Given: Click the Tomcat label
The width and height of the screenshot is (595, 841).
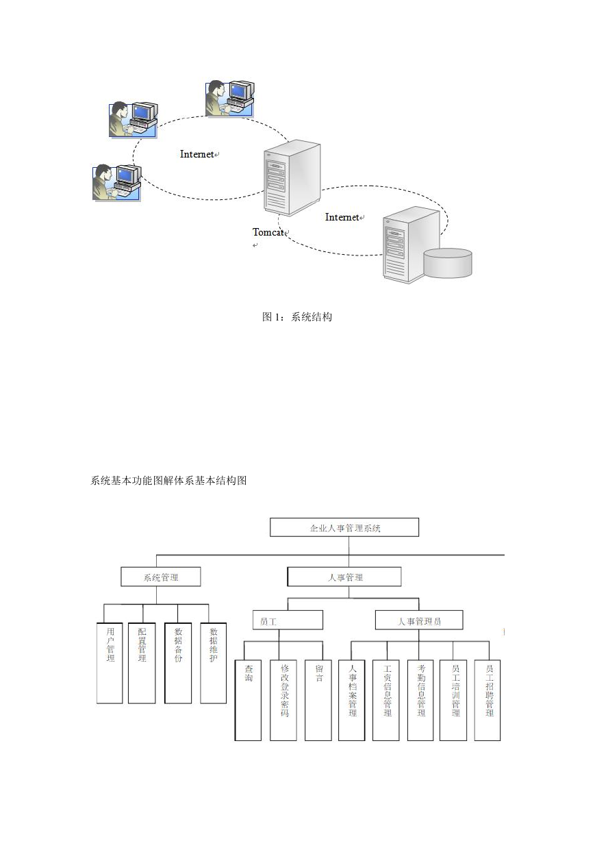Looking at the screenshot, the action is [x=268, y=232].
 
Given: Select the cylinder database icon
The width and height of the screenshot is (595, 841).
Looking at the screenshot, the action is [x=448, y=263].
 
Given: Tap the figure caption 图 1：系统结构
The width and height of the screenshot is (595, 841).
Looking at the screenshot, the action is [x=297, y=317].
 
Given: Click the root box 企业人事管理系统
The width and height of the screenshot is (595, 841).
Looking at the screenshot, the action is [x=344, y=527].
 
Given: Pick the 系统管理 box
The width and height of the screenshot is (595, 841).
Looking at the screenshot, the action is [x=161, y=577].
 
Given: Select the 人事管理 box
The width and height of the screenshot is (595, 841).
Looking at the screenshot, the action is [x=344, y=577].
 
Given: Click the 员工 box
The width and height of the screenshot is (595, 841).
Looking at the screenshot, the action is [x=288, y=620].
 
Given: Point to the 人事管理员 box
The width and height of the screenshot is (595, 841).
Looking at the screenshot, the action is [x=419, y=620].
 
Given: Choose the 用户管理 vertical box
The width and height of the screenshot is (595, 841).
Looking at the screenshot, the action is [x=110, y=663].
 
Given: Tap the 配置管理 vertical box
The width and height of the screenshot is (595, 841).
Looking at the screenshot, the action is [x=142, y=663].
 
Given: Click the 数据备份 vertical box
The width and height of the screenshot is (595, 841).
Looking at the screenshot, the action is [x=178, y=663].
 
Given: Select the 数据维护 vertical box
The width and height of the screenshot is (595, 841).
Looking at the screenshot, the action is [x=213, y=663].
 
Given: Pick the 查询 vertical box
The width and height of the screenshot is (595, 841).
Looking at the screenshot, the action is [x=248, y=700].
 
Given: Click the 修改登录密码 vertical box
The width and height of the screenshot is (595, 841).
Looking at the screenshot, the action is [x=283, y=700].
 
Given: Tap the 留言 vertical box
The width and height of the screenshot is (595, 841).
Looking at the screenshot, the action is [x=318, y=700].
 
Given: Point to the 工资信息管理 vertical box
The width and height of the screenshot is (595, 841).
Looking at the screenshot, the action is [x=386, y=700].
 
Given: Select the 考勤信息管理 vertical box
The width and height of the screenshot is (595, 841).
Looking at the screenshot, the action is [x=420, y=700].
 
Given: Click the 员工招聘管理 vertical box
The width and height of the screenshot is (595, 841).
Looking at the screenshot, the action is [x=488, y=700].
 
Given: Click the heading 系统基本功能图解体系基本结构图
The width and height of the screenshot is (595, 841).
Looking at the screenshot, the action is [x=168, y=481].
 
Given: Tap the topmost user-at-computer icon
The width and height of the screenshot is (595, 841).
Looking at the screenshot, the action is [x=230, y=98].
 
